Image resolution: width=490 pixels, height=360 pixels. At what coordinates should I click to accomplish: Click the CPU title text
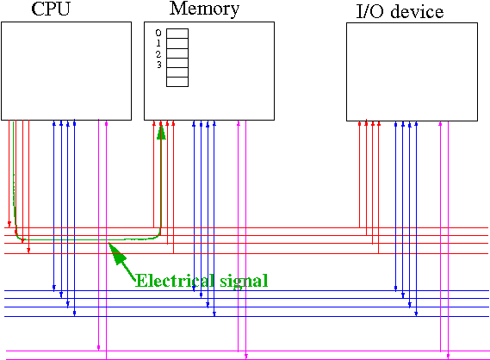(x=51, y=9)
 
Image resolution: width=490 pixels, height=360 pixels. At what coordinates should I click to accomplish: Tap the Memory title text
(x=204, y=9)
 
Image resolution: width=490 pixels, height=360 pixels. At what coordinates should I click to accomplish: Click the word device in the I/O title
(x=417, y=11)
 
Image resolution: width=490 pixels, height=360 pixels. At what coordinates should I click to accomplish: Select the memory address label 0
(x=158, y=33)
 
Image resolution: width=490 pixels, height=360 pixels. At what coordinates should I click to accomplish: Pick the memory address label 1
(x=158, y=43)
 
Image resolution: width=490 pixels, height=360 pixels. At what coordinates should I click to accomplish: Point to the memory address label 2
(x=158, y=54)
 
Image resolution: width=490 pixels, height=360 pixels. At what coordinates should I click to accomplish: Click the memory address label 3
(x=159, y=65)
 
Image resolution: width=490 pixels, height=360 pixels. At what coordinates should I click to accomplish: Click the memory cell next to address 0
(x=177, y=34)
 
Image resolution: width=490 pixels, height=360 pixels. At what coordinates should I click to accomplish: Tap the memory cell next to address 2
(x=177, y=53)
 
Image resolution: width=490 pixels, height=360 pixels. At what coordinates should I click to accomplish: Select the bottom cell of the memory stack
(x=177, y=82)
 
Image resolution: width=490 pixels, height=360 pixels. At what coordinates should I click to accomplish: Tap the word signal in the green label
(x=244, y=282)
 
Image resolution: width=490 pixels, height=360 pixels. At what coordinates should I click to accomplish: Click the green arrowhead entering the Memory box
(x=161, y=132)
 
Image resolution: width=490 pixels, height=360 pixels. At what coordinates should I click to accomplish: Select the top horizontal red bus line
(x=246, y=228)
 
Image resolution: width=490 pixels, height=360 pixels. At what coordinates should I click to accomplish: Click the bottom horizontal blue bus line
(x=246, y=317)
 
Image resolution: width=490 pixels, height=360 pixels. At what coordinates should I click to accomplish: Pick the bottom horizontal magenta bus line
(x=248, y=359)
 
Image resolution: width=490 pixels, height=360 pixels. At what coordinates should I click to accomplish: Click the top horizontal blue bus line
(x=246, y=290)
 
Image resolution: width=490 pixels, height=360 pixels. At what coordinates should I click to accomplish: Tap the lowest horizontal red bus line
(x=246, y=253)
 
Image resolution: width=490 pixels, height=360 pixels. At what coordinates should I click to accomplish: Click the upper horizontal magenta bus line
(x=248, y=351)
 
